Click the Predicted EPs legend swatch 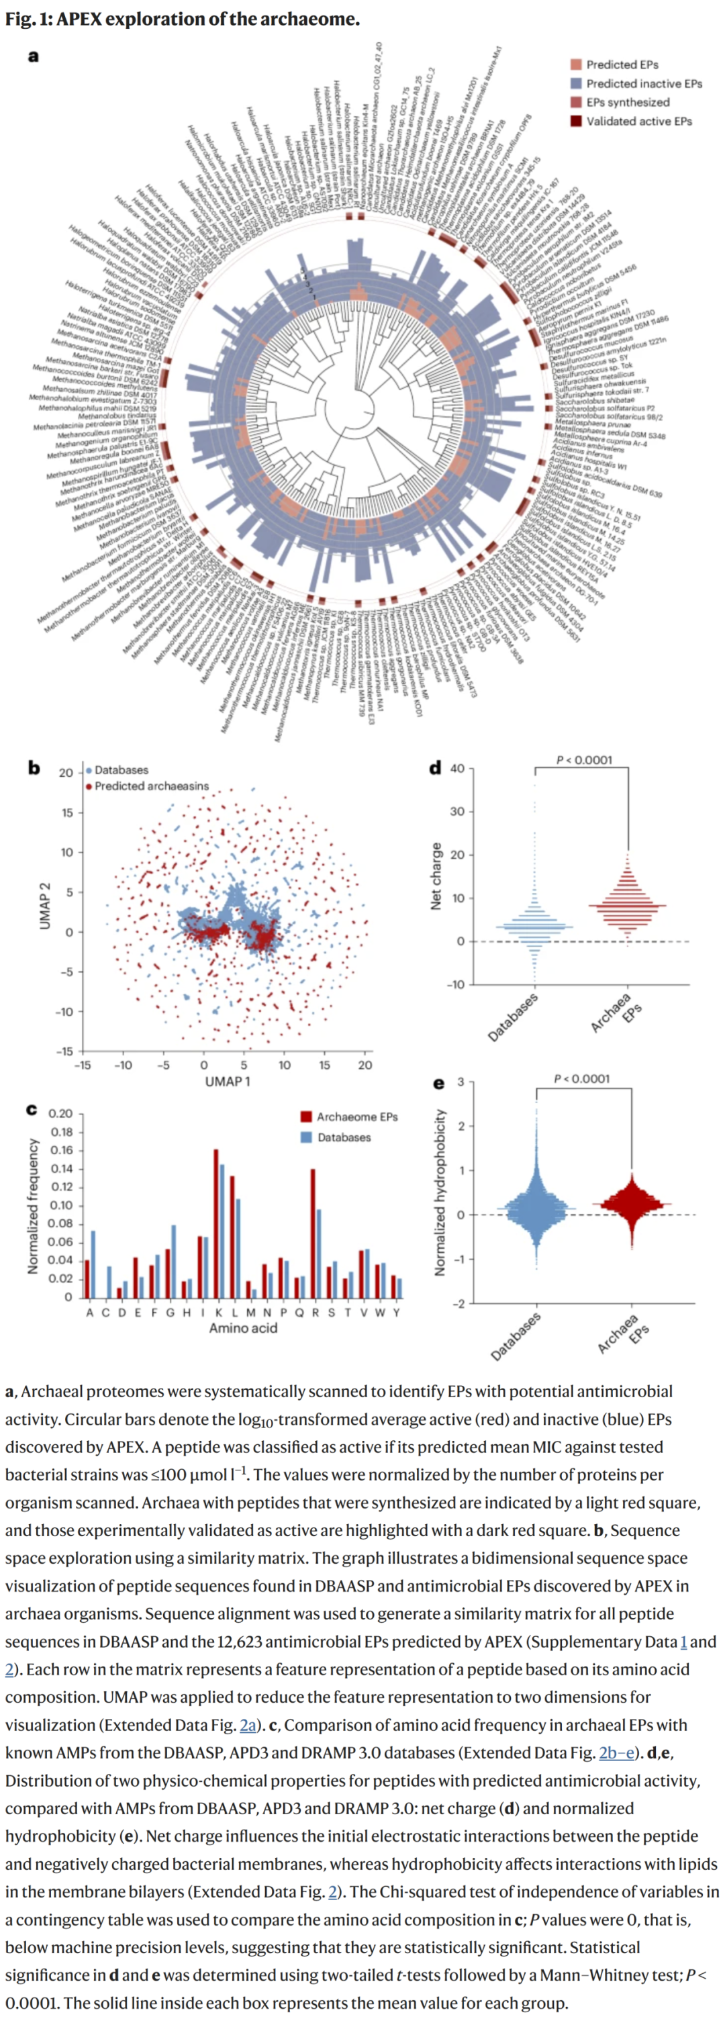tap(577, 64)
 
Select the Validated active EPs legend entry tap(638, 121)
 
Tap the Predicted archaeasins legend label tap(152, 786)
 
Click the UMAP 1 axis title tap(228, 1081)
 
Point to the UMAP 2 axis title tap(45, 906)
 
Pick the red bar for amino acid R tap(313, 1233)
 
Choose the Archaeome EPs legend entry tap(357, 1117)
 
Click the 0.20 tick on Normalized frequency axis tap(60, 1113)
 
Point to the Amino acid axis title tap(243, 1327)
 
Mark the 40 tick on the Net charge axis tap(457, 768)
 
